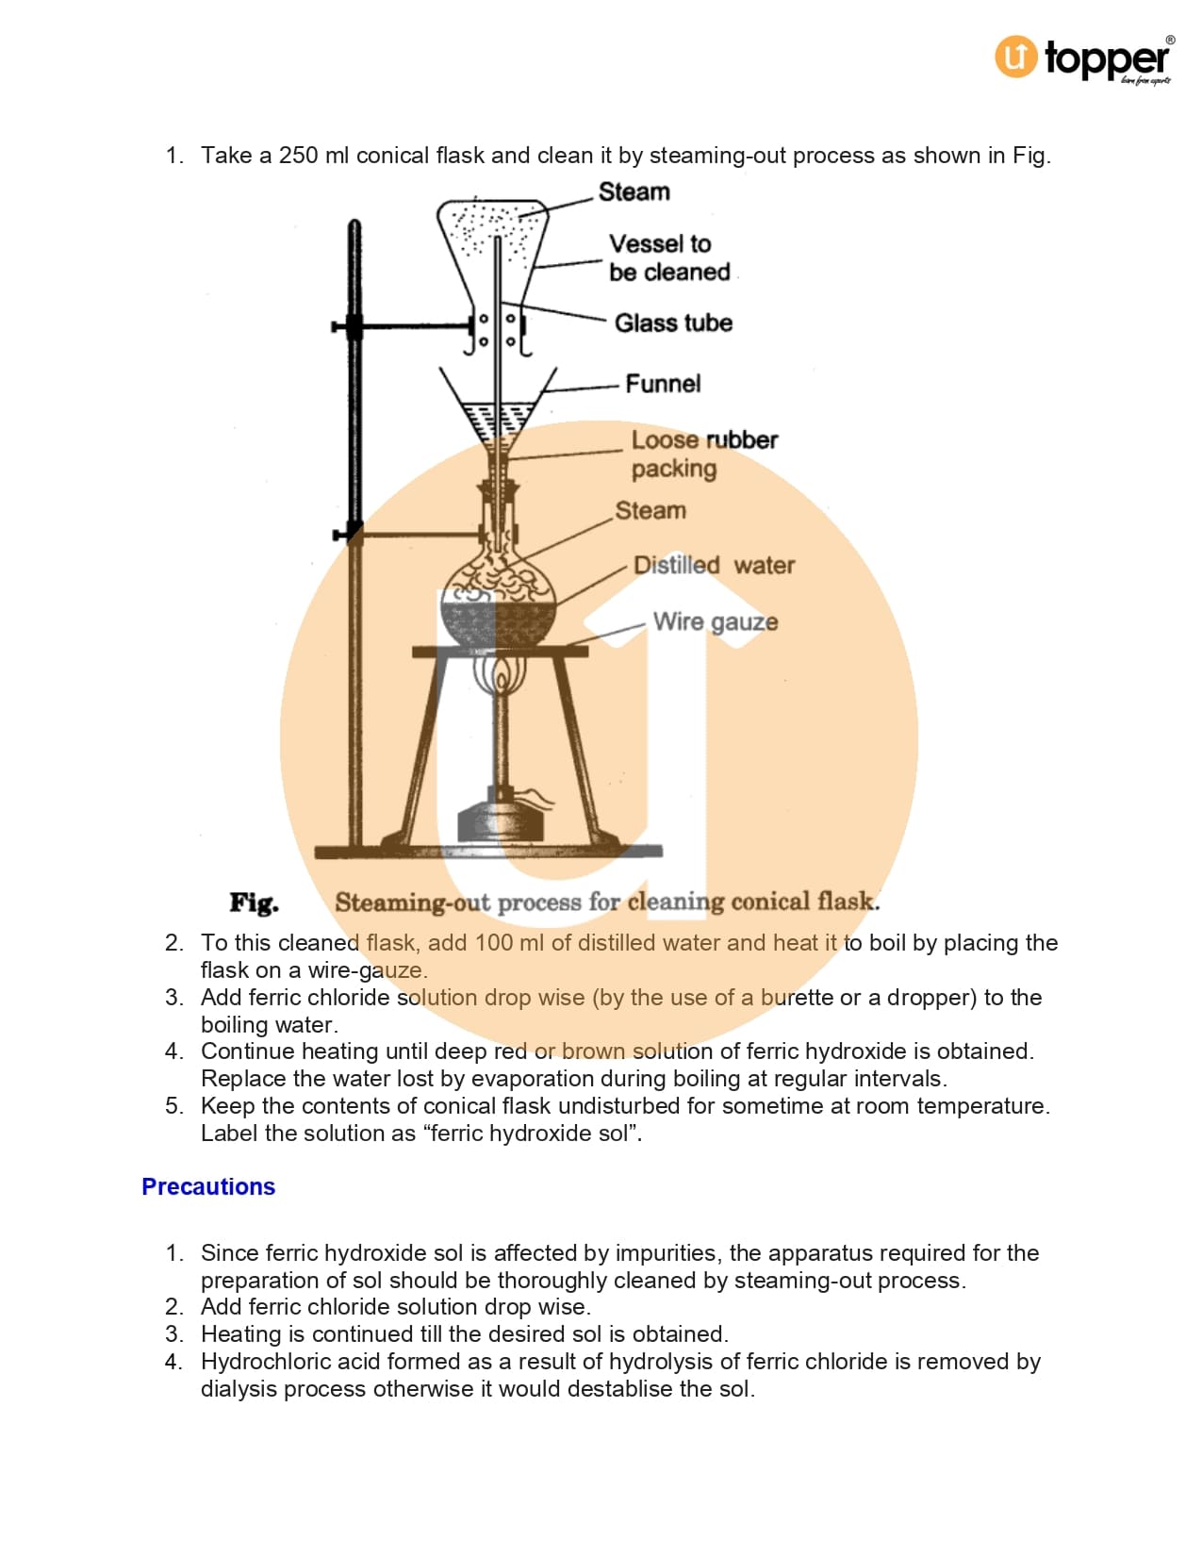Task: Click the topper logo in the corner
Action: [1083, 58]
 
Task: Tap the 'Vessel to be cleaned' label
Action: [668, 257]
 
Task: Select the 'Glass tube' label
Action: [673, 323]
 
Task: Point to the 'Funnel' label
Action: [663, 384]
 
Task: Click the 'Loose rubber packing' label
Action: [703, 454]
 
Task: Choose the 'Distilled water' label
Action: [714, 565]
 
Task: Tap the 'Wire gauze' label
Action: [716, 621]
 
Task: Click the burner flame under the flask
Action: [502, 677]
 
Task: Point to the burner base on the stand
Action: [501, 819]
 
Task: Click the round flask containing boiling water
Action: [498, 599]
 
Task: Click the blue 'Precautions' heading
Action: [208, 1186]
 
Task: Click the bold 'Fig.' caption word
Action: [255, 902]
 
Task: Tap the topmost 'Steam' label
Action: [634, 191]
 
